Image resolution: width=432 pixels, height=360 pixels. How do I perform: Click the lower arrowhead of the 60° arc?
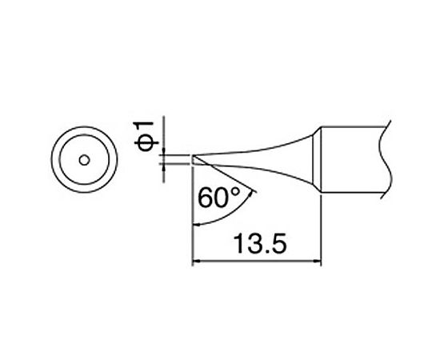pyautogui.click(x=199, y=223)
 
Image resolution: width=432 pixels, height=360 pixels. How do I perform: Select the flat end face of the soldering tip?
pyautogui.click(x=194, y=160)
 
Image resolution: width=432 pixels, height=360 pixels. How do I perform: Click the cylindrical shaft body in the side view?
pyautogui.click(x=352, y=158)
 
